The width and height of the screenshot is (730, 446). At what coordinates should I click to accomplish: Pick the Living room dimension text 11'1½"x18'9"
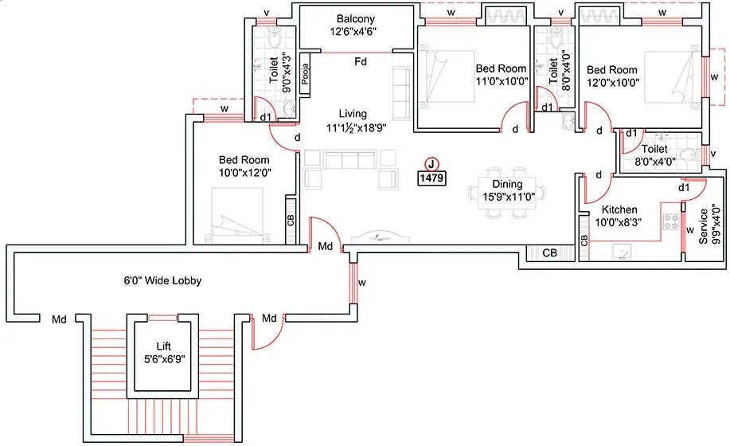(353, 127)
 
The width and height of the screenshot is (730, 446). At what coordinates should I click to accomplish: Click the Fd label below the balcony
(361, 61)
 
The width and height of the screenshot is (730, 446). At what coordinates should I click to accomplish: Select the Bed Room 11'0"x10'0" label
(502, 75)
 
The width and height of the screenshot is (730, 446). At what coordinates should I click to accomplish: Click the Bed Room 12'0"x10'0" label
(614, 75)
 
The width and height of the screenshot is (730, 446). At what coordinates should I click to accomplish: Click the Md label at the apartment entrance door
(325, 247)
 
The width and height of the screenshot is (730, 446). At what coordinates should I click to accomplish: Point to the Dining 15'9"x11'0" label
(507, 190)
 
